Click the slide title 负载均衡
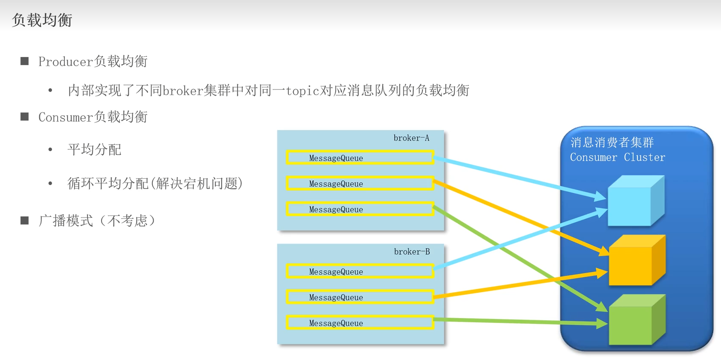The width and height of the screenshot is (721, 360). pos(42,20)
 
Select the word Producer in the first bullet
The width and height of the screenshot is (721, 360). pos(65,62)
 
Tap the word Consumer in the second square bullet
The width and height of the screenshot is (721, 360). pos(65,117)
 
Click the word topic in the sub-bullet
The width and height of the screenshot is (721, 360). pos(302,91)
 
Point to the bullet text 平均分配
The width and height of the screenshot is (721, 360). pos(94,150)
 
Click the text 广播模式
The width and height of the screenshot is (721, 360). pos(66,221)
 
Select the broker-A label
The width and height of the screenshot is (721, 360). pos(411,138)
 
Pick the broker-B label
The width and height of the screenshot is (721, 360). pos(412,252)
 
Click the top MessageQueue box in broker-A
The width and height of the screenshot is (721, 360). pos(360,158)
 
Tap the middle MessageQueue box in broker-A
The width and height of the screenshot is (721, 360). pos(360,184)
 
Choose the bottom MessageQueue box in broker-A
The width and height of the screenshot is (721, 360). pos(360,209)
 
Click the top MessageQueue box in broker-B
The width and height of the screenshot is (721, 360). pos(360,272)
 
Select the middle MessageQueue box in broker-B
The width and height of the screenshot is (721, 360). pos(360,297)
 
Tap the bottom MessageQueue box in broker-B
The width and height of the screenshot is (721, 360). pos(360,323)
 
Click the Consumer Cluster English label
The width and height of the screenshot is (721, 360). pos(617,157)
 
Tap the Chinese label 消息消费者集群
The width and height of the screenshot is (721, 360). pos(612,142)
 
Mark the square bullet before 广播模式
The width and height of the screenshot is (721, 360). pos(25,221)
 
